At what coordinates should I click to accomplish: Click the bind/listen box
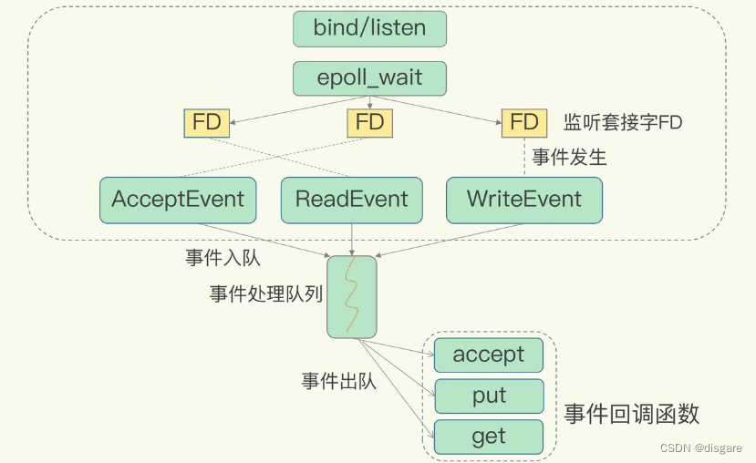(x=369, y=28)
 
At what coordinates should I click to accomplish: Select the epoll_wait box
(x=369, y=77)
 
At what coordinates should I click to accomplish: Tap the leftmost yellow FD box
(x=207, y=122)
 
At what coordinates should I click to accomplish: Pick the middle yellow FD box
(x=369, y=122)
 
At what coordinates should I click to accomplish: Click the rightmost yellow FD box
(x=524, y=122)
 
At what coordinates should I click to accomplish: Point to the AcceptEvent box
(x=178, y=199)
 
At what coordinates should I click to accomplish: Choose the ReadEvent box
(x=351, y=199)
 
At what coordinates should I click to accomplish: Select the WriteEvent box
(x=524, y=199)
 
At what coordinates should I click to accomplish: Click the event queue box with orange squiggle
(x=351, y=296)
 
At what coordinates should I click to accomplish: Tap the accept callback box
(x=489, y=355)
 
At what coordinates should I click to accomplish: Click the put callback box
(x=489, y=396)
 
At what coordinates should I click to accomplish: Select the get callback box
(x=489, y=437)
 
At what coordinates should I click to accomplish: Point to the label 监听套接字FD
(x=622, y=123)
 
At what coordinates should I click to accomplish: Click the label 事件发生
(x=569, y=158)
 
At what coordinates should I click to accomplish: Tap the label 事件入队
(x=223, y=257)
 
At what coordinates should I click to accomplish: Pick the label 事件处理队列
(x=265, y=293)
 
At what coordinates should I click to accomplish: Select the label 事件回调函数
(x=631, y=414)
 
